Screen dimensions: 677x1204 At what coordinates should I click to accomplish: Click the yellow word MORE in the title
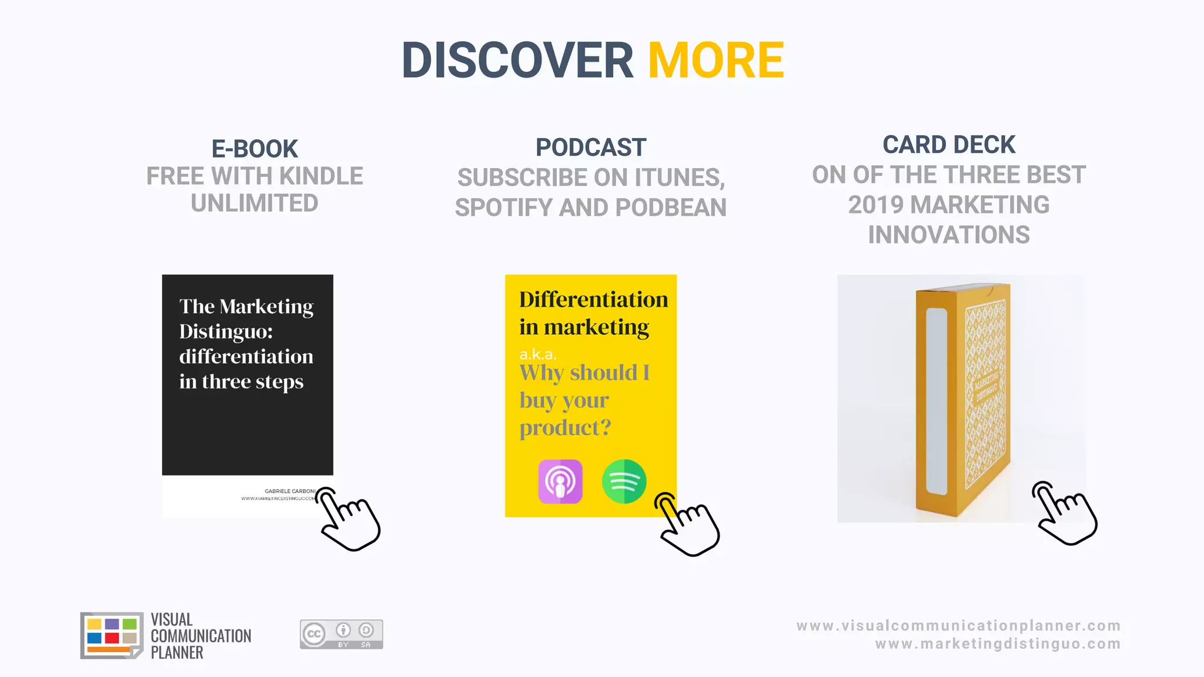[x=716, y=61]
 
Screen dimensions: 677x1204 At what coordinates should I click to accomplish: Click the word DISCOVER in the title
[x=517, y=61]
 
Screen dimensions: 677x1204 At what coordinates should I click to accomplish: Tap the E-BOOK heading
[x=255, y=149]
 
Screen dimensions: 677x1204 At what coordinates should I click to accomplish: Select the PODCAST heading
[x=591, y=148]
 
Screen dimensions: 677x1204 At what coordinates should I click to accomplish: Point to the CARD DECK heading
[x=949, y=145]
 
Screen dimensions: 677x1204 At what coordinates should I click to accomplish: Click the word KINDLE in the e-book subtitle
[x=321, y=176]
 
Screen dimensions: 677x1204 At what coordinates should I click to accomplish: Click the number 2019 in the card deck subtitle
[x=875, y=205]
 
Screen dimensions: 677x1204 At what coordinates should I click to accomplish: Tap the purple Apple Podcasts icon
[x=560, y=481]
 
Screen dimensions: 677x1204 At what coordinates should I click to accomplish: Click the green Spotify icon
[x=624, y=481]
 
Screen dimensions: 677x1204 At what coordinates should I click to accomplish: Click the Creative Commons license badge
[x=341, y=634]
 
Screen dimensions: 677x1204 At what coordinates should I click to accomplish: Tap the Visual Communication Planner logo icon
[x=111, y=635]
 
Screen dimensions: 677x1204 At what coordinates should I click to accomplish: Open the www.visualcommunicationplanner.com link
[x=958, y=626]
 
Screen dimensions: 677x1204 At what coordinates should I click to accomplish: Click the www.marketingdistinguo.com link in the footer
[x=998, y=644]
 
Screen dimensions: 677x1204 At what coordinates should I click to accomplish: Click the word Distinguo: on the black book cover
[x=226, y=331]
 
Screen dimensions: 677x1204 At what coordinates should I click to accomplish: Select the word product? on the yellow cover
[x=565, y=428]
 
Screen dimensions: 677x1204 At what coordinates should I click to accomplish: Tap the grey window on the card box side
[x=937, y=401]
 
